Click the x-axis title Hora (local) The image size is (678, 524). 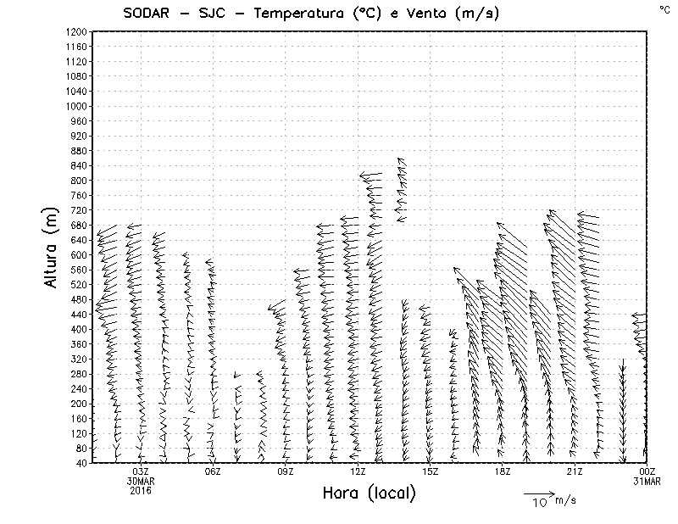[370, 493]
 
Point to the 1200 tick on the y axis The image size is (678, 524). [75, 32]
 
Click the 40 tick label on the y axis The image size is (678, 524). [81, 463]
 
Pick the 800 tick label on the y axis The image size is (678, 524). [79, 181]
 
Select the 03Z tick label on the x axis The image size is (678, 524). [141, 471]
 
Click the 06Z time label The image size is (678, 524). [213, 471]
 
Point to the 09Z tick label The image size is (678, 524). [286, 471]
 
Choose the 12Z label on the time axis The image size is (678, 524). [358, 471]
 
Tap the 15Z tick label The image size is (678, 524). [431, 471]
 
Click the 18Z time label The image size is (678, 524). [503, 471]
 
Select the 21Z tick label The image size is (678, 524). [575, 471]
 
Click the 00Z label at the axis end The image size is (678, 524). [647, 471]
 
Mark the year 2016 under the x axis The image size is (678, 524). [141, 488]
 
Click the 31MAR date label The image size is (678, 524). [647, 481]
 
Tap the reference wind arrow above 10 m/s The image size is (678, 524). [539, 493]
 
